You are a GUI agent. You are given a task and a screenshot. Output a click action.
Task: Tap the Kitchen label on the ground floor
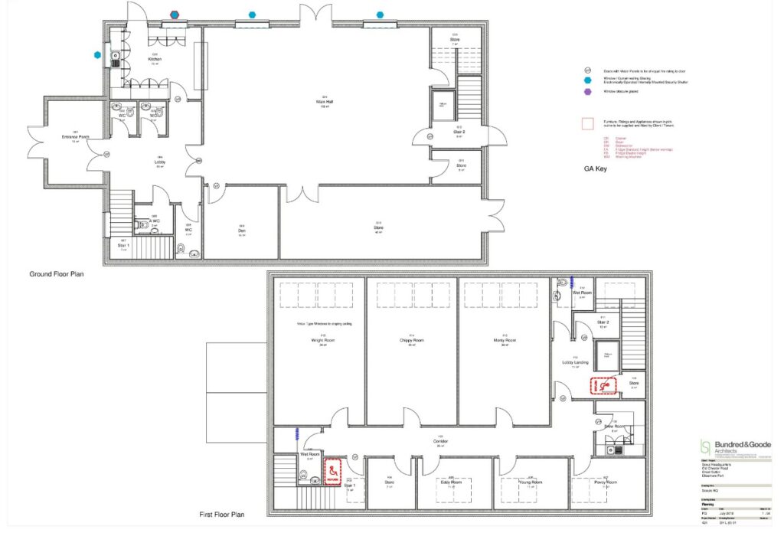(155, 59)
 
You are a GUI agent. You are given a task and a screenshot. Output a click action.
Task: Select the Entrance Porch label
(76, 137)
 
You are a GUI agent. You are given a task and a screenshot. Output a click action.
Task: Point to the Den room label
(242, 233)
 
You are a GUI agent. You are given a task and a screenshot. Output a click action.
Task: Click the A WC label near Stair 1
(153, 224)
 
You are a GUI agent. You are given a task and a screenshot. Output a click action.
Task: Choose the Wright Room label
(319, 340)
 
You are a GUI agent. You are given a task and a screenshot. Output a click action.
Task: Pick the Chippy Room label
(411, 340)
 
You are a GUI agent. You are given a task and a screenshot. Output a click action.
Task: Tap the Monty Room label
(505, 340)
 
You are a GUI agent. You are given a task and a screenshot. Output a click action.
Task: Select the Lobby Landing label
(573, 362)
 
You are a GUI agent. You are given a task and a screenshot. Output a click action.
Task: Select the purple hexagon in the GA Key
(588, 91)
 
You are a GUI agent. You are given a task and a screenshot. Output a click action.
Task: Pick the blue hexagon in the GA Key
(588, 79)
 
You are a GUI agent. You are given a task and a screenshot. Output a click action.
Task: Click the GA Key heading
(596, 169)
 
